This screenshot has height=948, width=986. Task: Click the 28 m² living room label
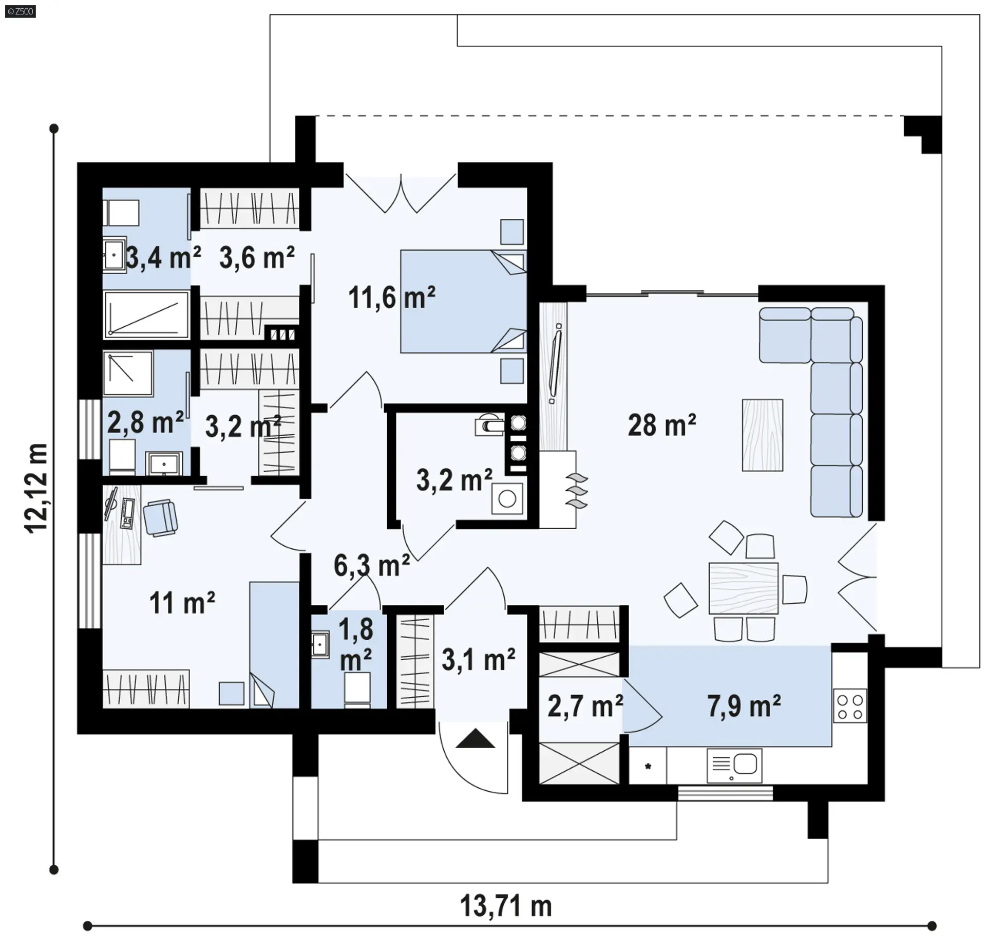(x=662, y=425)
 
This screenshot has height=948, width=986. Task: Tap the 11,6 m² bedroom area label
(x=392, y=298)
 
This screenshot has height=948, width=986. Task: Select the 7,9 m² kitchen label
(x=744, y=706)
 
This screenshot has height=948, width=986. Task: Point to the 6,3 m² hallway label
(x=372, y=566)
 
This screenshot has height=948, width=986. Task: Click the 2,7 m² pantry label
(x=585, y=706)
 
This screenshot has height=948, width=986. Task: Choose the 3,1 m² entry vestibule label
(x=479, y=660)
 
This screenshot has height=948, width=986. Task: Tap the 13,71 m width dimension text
(x=506, y=905)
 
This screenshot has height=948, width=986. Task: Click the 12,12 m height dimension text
(x=36, y=489)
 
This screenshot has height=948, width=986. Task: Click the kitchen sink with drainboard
(x=734, y=765)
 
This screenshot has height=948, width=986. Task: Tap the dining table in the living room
(x=743, y=588)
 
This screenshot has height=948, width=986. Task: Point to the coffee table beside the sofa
(x=763, y=435)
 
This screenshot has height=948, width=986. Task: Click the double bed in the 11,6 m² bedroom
(x=463, y=302)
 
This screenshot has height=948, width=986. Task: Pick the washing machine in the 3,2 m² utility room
(x=507, y=498)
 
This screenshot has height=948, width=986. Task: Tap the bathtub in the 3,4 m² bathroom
(x=146, y=314)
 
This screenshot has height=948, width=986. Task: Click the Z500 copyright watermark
(x=21, y=11)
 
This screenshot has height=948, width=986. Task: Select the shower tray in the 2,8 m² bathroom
(x=128, y=374)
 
